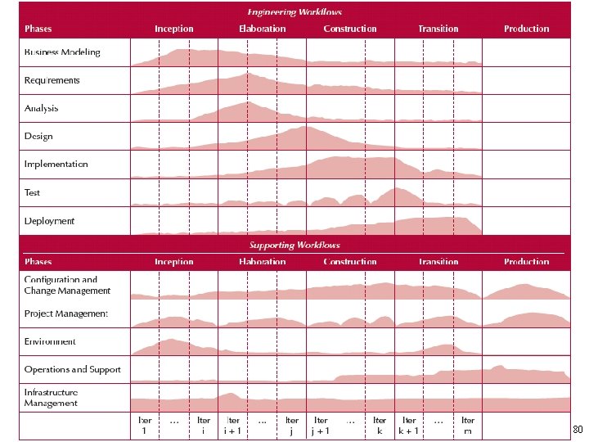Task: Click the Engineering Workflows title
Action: (294, 12)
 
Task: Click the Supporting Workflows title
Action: (294, 245)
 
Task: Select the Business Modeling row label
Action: (62, 52)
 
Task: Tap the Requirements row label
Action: (52, 80)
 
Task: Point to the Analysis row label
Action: (42, 108)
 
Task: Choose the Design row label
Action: (38, 137)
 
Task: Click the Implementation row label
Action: (56, 165)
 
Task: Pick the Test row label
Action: (33, 193)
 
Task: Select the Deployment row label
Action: (50, 221)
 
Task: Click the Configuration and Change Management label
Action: (67, 285)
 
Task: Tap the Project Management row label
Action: (66, 313)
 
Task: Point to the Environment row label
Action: (50, 341)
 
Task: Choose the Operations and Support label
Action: (73, 370)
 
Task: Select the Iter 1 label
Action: (145, 426)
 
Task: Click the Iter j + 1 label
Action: (321, 426)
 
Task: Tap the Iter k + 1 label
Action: (409, 426)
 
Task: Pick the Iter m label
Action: (468, 426)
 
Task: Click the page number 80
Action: (577, 430)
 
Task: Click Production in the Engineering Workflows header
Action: (527, 29)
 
